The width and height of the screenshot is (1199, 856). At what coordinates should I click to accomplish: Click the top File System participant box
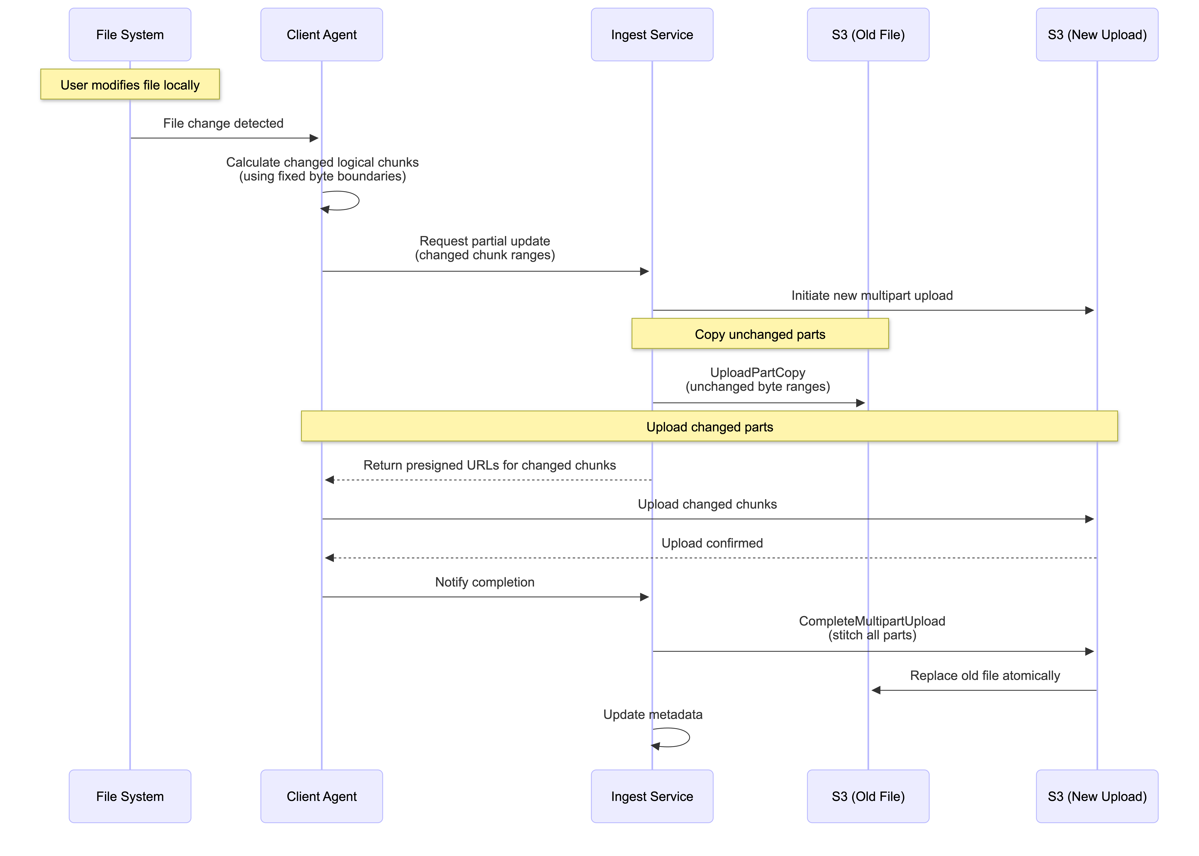click(x=130, y=35)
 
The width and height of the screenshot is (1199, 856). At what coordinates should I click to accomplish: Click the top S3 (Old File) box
click(x=868, y=35)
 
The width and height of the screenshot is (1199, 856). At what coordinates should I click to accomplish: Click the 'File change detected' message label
click(x=223, y=123)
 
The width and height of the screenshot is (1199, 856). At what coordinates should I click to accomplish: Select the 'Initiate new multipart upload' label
click(x=872, y=296)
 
